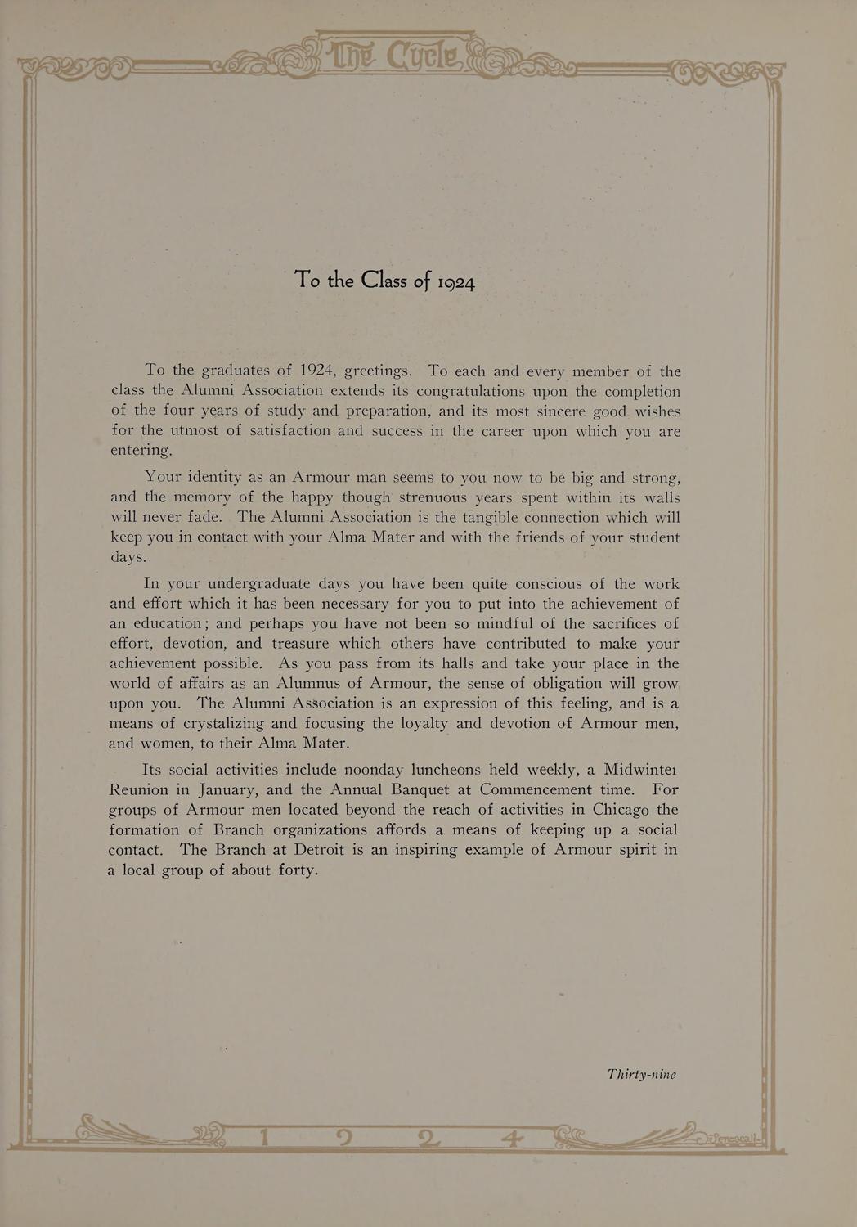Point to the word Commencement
[x=536, y=789]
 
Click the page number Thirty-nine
[x=642, y=1074]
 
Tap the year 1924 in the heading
[x=455, y=282]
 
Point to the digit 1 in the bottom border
[x=263, y=1137]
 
